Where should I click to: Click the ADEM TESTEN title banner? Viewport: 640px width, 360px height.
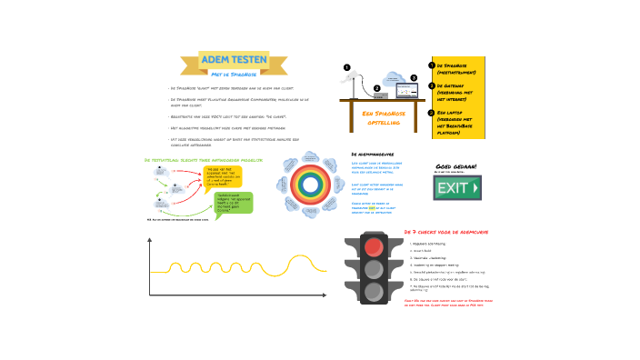[x=234, y=61]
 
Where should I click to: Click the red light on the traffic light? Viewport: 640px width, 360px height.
[x=373, y=246]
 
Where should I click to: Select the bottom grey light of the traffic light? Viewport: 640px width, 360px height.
[x=373, y=292]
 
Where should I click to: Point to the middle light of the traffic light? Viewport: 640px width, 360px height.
[x=373, y=269]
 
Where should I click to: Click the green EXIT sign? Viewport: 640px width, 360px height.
[x=457, y=189]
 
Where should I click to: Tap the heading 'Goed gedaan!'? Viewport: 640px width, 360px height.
[x=455, y=167]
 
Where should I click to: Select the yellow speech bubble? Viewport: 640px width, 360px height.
[x=221, y=175]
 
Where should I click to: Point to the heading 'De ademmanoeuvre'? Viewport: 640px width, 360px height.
[x=372, y=155]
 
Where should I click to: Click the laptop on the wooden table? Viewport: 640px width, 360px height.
[x=401, y=94]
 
